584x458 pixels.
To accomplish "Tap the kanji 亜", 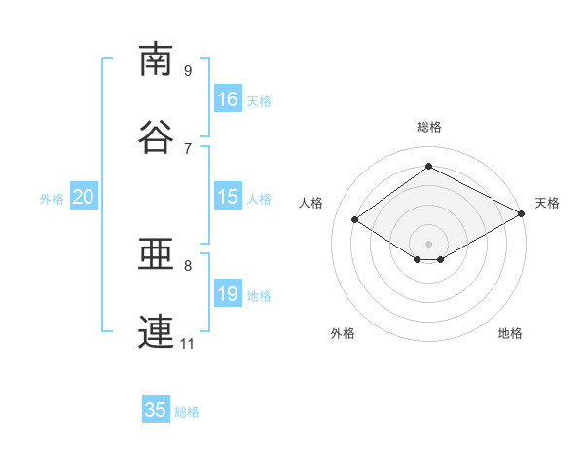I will click(157, 255).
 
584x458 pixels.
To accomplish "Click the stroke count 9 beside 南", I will click(188, 70).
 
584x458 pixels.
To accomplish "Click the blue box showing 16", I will click(228, 99).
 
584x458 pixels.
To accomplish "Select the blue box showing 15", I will click(228, 197).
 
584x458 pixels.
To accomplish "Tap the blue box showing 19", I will click(228, 294).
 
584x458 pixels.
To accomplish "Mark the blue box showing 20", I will click(84, 197).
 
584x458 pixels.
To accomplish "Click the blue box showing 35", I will click(156, 410).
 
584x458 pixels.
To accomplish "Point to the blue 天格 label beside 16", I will click(259, 100).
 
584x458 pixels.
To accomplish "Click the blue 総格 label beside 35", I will click(187, 411).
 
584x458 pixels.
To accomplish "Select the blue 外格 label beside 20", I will click(52, 198).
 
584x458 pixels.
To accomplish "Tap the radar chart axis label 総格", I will click(428, 127).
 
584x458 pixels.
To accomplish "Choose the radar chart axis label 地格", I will click(510, 333).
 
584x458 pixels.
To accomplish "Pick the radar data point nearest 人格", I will click(355, 220).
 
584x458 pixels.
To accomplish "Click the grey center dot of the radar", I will click(428, 243).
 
